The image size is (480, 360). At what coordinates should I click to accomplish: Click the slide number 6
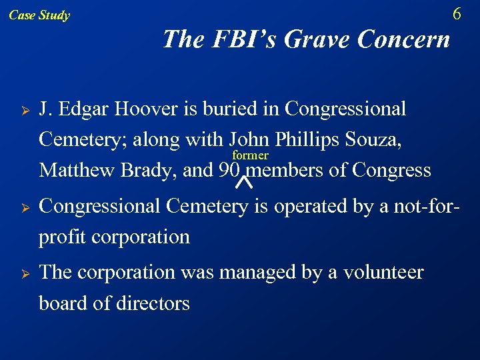coord(457,14)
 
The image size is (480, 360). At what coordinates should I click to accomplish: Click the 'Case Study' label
coord(39,15)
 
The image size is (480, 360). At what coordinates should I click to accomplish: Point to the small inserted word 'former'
coord(250,155)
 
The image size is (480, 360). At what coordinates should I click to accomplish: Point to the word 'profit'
coord(61,237)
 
